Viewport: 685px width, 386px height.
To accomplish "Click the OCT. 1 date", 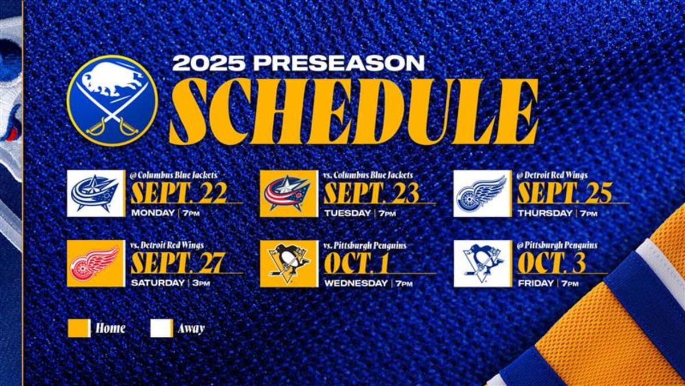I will (x=358, y=262).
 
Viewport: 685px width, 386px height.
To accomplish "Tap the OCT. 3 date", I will (x=551, y=262).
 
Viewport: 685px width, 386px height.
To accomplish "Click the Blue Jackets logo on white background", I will (x=95, y=193).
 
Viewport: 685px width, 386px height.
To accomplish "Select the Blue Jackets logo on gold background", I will (x=288, y=193).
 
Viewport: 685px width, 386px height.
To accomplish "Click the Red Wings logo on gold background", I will (x=95, y=264).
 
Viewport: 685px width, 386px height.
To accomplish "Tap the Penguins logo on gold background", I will (x=288, y=264).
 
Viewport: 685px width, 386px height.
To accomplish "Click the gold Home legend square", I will (x=79, y=328).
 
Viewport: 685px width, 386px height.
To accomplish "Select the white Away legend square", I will (x=162, y=328).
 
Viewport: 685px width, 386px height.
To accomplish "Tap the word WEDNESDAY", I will (x=356, y=282).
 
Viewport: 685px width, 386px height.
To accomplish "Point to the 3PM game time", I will (x=200, y=283).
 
